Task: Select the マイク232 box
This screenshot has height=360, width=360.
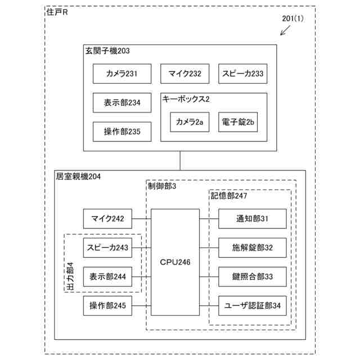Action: click(181, 73)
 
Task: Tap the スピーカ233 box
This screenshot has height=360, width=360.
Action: click(242, 73)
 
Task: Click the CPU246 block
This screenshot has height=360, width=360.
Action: click(175, 262)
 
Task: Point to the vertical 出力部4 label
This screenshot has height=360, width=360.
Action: click(70, 276)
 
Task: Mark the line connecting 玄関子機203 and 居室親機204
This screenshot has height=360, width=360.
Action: click(180, 160)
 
